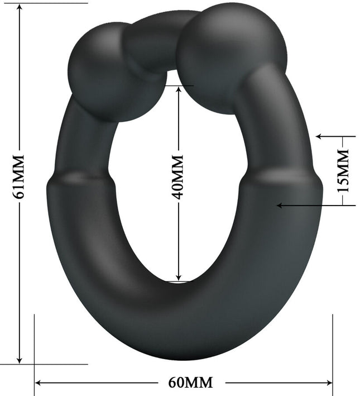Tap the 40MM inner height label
pyautogui.click(x=177, y=178)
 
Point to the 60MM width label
pyautogui.click(x=190, y=383)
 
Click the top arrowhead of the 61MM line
pyautogui.click(x=20, y=8)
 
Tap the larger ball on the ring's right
pyautogui.click(x=231, y=56)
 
